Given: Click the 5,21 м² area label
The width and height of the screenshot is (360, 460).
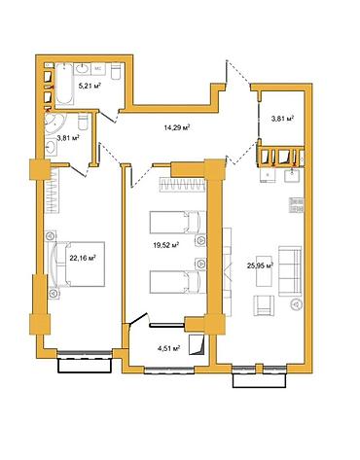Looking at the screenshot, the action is click(90, 86).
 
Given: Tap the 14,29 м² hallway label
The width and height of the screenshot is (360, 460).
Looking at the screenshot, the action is click(177, 127).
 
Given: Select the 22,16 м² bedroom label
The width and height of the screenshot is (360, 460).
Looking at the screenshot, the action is click(83, 258).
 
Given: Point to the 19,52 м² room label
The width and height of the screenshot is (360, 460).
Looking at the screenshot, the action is click(166, 245).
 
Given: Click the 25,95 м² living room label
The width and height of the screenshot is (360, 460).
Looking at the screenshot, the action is click(260, 265).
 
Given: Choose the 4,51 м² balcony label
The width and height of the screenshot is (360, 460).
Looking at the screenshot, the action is click(168, 348).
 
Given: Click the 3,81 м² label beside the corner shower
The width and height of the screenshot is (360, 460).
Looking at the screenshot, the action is click(68, 138).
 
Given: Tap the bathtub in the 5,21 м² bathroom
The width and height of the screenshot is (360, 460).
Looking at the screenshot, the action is click(65, 85).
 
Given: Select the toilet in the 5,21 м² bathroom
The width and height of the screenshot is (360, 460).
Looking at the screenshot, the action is click(117, 71).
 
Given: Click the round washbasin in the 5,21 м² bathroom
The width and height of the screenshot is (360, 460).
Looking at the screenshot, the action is click(84, 69).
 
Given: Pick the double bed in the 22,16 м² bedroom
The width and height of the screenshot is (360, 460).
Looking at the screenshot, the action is click(80, 264).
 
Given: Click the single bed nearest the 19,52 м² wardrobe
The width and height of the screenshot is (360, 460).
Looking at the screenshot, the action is click(178, 222).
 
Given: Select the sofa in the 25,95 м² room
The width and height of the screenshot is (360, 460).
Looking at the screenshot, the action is click(290, 271).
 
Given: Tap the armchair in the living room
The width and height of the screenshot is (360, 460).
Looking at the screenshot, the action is click(264, 305).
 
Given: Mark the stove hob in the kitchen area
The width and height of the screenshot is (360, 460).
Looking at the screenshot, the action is click(297, 205).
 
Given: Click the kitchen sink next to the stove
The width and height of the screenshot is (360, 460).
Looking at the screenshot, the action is click(295, 175).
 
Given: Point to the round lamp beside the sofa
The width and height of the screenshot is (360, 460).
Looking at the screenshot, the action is click(296, 304).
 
